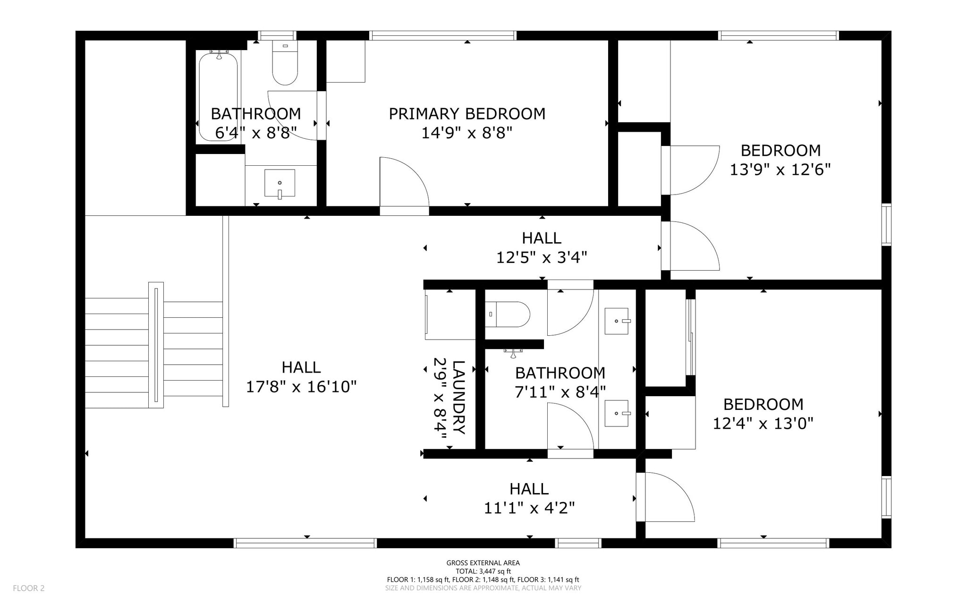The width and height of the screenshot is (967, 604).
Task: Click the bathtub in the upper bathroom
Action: tap(218, 97)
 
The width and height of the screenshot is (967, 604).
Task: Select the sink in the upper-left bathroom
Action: tap(280, 183)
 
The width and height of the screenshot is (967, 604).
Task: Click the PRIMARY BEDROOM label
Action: tap(467, 114)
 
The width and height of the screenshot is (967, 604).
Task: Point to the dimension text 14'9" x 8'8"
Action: tap(467, 133)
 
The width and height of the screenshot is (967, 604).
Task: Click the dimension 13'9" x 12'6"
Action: tap(780, 170)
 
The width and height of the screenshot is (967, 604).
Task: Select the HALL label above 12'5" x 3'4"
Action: tap(542, 238)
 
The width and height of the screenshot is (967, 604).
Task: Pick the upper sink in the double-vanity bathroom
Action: tap(617, 321)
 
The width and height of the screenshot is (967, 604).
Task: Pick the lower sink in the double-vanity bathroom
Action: tap(617, 413)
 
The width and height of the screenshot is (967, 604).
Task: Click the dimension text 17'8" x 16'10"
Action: tap(301, 387)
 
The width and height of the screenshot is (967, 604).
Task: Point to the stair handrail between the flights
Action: tap(156, 345)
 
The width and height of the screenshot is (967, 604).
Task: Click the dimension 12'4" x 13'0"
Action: tap(763, 424)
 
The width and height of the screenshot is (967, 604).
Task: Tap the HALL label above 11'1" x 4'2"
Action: tap(529, 489)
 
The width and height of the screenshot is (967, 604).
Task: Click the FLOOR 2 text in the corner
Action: tap(29, 588)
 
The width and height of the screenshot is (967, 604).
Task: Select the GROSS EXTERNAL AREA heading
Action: tap(483, 563)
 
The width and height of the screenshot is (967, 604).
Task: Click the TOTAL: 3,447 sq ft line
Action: tap(483, 571)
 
